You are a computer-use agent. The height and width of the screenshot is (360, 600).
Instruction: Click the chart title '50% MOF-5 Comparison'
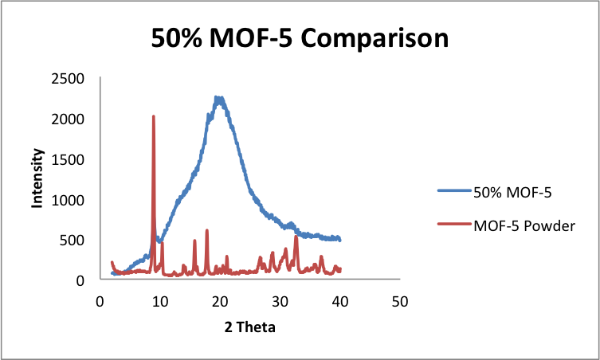pos(300,37)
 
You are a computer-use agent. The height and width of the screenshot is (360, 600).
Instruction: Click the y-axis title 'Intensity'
pos(37,179)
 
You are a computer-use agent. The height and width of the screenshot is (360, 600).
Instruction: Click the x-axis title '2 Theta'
pos(250,326)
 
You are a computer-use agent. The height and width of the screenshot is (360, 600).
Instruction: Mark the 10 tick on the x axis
pos(160,302)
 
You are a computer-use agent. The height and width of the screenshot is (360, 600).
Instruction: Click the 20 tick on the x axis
pos(220,302)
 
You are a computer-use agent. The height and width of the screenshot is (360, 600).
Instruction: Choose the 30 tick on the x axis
pos(280,302)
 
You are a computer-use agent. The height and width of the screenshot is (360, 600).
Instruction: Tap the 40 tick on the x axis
pos(340,302)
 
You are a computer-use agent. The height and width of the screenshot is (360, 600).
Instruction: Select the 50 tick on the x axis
pos(400,302)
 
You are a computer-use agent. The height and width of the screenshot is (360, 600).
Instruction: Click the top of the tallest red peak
pos(153,116)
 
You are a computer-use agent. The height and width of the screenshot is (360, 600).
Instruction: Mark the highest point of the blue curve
pos(217,98)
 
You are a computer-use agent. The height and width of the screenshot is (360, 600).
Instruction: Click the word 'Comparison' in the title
pos(371,37)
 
